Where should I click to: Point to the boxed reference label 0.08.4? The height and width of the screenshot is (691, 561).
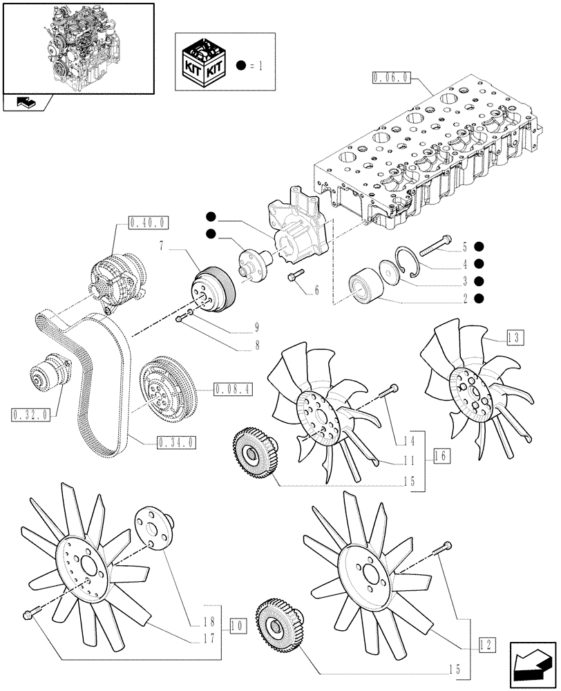[x=233, y=389]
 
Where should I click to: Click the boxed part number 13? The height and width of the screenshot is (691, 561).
[x=514, y=338]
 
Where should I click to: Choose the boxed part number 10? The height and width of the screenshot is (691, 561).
[x=236, y=627]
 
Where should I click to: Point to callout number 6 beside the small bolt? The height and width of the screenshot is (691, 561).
[x=316, y=291]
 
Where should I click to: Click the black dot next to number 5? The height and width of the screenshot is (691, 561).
[x=478, y=246]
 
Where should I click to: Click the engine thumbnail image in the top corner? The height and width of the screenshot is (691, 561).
[x=77, y=47]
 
